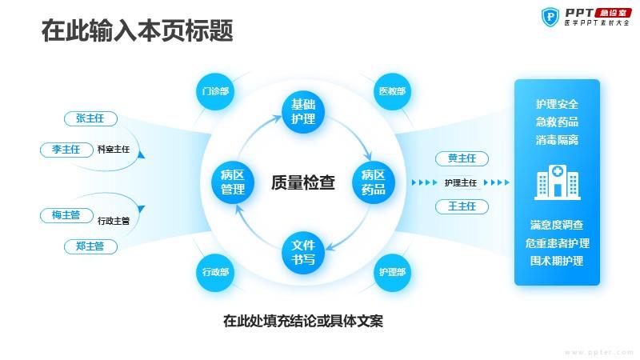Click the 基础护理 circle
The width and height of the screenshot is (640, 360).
[303, 112]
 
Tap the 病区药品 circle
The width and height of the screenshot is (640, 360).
[374, 182]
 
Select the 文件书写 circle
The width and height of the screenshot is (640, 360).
[303, 253]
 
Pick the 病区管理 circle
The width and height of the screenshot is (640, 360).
[233, 182]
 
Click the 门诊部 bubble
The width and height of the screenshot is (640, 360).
[215, 91]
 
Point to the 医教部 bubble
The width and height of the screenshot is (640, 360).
[392, 91]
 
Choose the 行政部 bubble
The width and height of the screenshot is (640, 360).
[215, 272]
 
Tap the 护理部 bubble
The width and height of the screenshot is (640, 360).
[392, 272]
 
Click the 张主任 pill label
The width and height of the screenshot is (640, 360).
[90, 118]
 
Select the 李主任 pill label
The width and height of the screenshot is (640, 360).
[66, 150]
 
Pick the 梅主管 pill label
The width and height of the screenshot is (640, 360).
[66, 215]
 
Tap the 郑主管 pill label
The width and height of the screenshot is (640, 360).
[90, 246]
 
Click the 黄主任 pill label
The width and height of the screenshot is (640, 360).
[462, 158]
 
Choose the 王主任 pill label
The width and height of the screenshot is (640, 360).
[462, 206]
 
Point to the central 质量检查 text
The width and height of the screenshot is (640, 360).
[303, 182]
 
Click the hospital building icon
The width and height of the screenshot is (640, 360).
[557, 182]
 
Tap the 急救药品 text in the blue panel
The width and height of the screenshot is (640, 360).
[557, 122]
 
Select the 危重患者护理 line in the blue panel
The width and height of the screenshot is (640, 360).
[557, 243]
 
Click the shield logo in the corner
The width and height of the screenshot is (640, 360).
[550, 17]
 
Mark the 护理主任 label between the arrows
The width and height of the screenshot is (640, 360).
[461, 183]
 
